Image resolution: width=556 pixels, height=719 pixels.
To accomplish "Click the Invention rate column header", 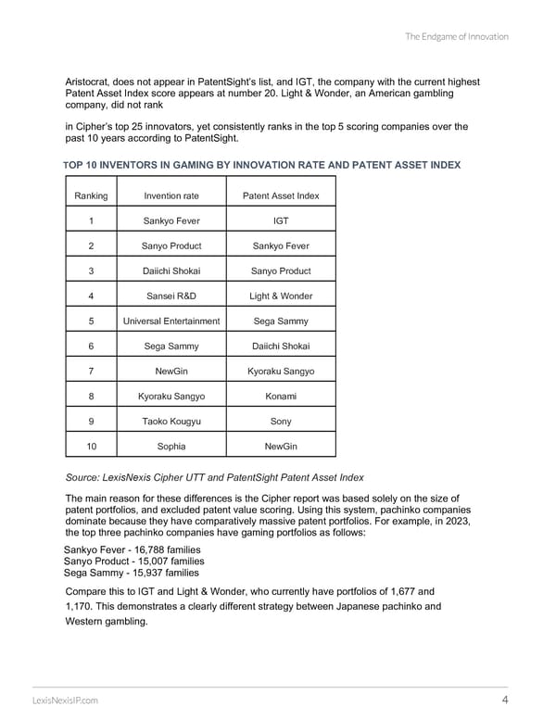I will click(171, 196).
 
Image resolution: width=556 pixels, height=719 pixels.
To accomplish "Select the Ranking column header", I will click(91, 196).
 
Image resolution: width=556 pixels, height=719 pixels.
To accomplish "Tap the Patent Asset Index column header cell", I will click(281, 196).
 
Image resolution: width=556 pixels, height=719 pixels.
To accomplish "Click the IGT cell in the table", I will click(281, 221).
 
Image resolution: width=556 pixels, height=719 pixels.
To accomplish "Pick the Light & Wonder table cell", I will click(281, 296).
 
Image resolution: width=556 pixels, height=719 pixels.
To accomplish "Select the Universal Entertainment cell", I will click(171, 321).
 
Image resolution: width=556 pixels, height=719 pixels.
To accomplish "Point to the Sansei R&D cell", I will click(171, 296).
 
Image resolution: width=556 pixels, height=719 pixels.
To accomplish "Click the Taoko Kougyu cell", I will click(171, 421).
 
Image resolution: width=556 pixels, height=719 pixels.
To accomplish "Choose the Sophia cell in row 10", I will click(171, 446).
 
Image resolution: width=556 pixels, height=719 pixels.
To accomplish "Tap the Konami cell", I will click(281, 396).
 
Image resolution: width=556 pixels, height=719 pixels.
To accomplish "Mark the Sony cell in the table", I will click(281, 421).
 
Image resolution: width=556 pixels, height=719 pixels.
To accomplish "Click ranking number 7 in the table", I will click(91, 371).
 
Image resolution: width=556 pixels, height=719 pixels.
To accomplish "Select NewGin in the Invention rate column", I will click(171, 371).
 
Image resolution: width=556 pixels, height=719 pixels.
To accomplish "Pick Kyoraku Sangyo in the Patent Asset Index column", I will click(281, 371).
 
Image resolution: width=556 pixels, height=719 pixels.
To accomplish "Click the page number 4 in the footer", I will click(503, 700).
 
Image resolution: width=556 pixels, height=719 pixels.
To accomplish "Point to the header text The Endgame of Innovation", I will click(457, 37).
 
